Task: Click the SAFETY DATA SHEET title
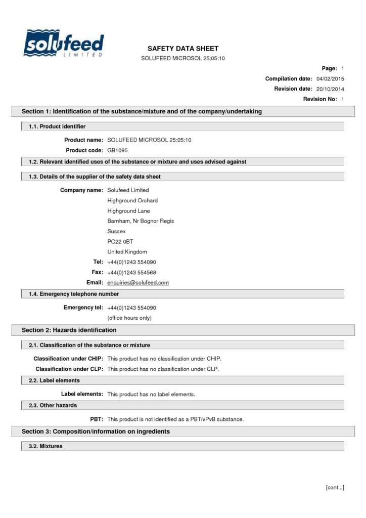click(182, 49)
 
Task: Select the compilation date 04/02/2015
click(330, 78)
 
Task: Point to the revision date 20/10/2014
click(330, 89)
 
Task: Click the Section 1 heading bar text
click(142, 111)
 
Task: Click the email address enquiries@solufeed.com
click(138, 282)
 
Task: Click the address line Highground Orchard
click(132, 200)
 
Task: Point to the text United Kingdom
click(127, 251)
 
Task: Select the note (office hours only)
click(129, 318)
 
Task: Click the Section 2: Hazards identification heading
click(69, 330)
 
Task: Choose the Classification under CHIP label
click(68, 359)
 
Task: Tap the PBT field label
click(97, 419)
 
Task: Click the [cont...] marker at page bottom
click(335, 487)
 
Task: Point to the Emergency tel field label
click(83, 308)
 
